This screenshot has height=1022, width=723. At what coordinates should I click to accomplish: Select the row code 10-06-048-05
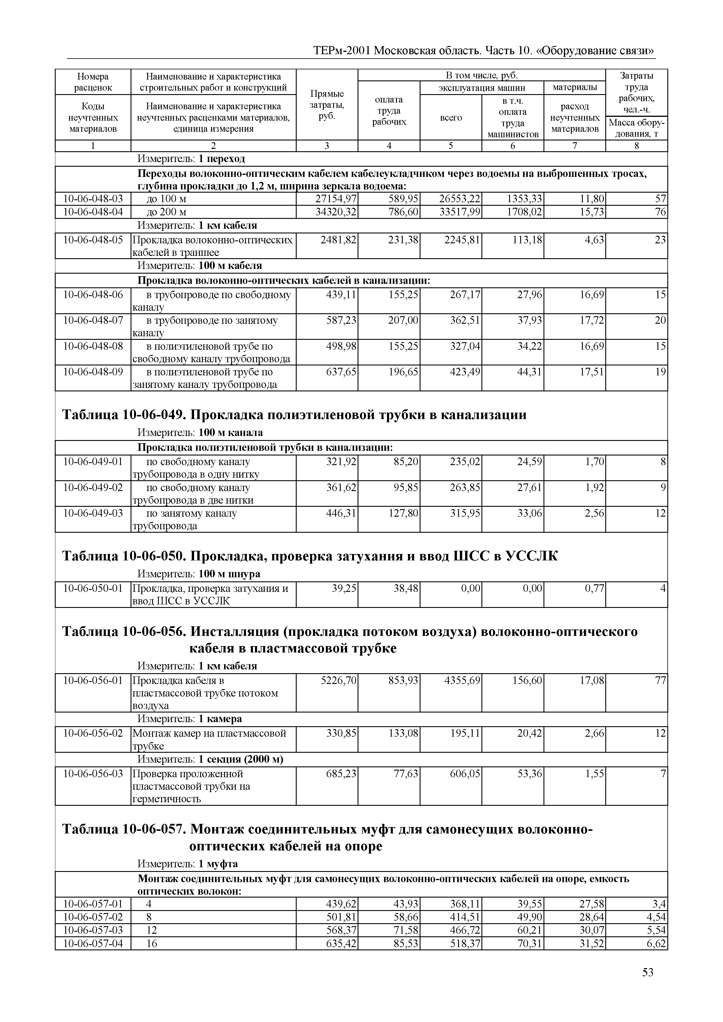(93, 240)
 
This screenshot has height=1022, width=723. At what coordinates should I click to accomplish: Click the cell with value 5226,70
(338, 680)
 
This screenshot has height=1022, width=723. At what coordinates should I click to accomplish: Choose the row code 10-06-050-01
(93, 588)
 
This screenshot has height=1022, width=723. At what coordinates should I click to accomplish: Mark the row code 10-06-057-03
(93, 930)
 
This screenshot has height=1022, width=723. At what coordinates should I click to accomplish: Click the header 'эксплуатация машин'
(482, 88)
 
